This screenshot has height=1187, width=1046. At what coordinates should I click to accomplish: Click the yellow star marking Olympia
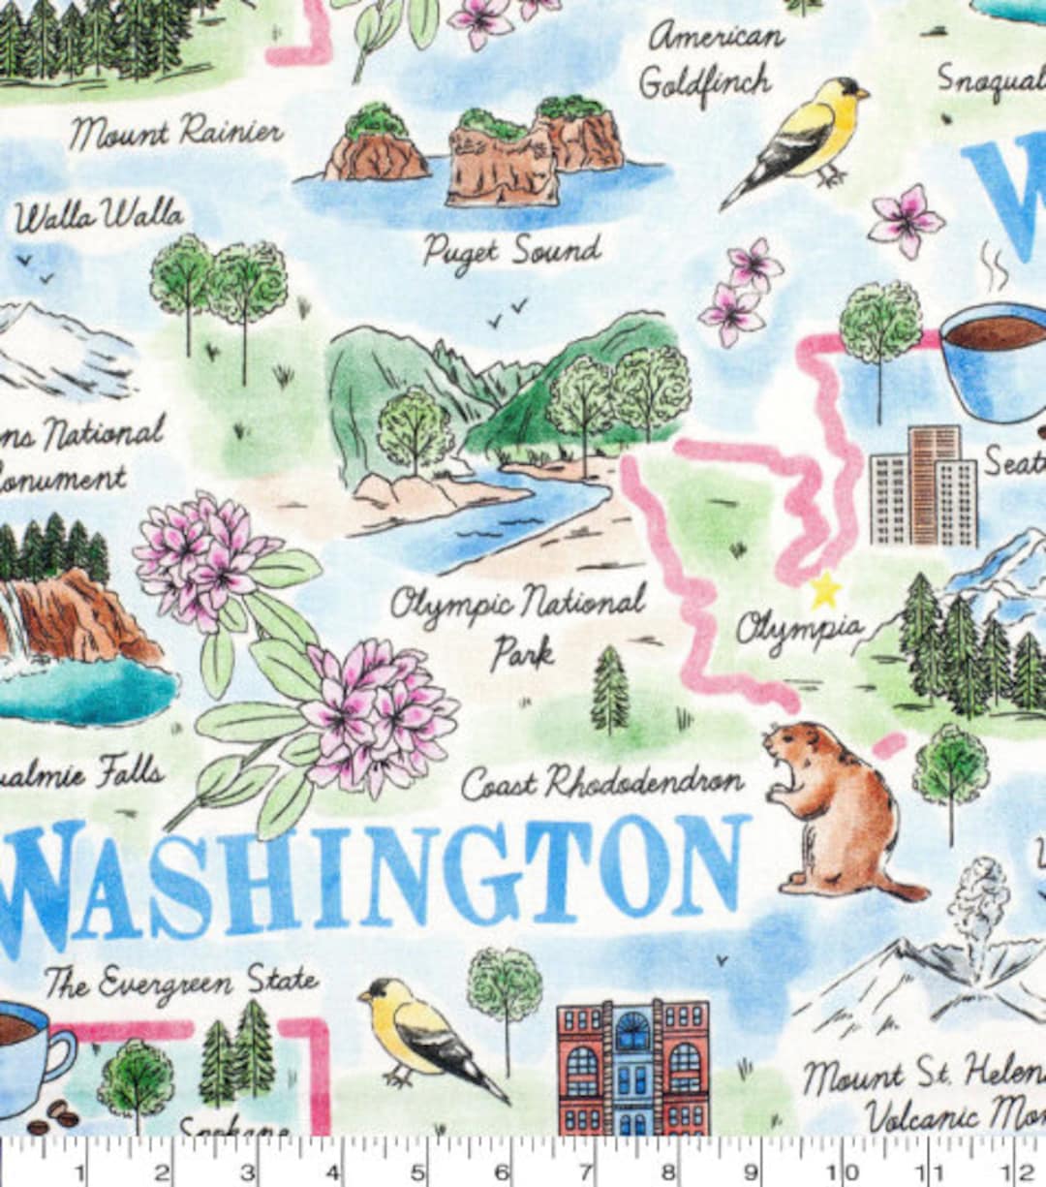coord(825,588)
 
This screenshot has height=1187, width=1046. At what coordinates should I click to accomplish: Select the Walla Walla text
coord(98,216)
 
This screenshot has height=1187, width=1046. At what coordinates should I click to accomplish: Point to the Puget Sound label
coord(511,251)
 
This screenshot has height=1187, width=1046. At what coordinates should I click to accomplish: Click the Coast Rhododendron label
coord(601,782)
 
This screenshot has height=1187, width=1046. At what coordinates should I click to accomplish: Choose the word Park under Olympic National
coord(522,652)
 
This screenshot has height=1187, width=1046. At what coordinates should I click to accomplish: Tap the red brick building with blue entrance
coord(632,1066)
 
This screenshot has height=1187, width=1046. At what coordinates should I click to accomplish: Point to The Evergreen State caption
coord(181,983)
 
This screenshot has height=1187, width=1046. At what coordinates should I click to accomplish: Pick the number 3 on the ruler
coord(248,1173)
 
